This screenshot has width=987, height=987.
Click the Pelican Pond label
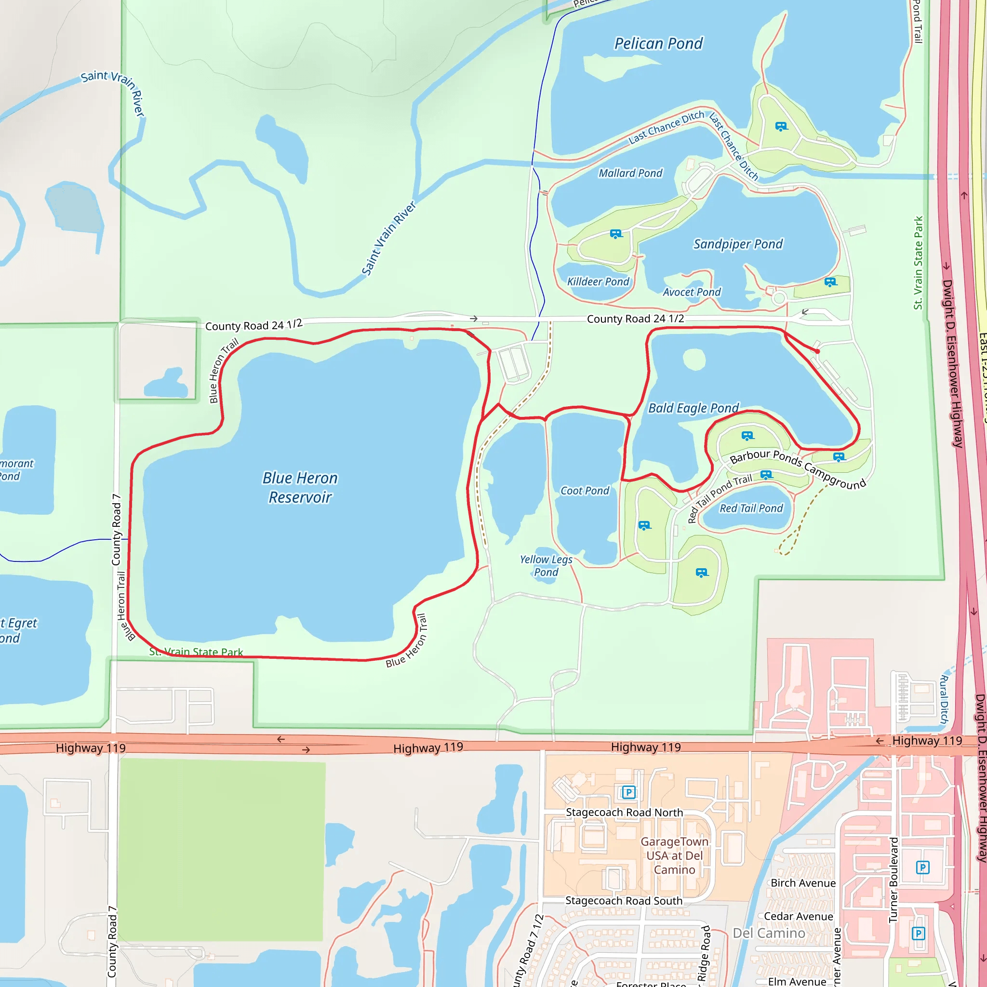pos(658,44)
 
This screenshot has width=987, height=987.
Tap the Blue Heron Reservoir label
pos(300,487)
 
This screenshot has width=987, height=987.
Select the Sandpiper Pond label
pos(738,244)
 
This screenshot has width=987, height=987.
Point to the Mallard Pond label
pos(630,173)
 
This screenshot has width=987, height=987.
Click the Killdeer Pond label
pos(598,281)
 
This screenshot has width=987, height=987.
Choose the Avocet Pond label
pos(692,292)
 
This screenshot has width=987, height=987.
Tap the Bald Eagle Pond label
pos(693,408)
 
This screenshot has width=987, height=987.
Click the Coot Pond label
pos(585,491)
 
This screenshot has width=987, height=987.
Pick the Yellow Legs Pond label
pos(546,565)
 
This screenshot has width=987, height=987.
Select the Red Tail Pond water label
pos(751,508)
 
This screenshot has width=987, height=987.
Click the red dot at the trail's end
pos(817,351)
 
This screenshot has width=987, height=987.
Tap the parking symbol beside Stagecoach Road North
pos(628,792)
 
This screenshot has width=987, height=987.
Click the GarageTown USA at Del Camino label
pos(674,855)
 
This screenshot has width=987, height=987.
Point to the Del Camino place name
pos(769,933)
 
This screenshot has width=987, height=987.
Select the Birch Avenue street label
pos(803,883)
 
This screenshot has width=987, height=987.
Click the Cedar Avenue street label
pos(798,916)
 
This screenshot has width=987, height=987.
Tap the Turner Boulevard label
pos(893,879)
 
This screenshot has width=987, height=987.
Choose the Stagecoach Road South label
pos(624,901)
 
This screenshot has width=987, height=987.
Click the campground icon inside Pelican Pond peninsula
pos(781,126)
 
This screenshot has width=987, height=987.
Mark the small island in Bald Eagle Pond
pos(694,359)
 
